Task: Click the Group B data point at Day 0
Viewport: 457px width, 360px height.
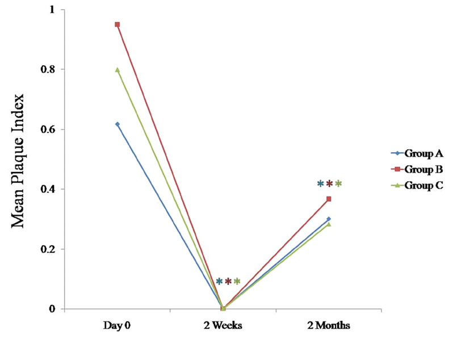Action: click(117, 24)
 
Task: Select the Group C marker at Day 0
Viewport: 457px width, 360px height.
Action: click(117, 69)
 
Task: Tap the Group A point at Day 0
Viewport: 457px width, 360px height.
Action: click(117, 124)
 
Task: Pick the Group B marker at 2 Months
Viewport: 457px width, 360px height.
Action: click(329, 199)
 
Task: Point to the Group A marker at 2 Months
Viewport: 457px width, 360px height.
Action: click(329, 219)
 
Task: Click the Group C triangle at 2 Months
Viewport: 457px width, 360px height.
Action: click(329, 224)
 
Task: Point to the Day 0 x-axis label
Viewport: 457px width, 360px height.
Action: click(116, 326)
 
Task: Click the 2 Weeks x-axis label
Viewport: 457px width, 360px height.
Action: click(223, 326)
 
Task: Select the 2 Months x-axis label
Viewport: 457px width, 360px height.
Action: click(329, 326)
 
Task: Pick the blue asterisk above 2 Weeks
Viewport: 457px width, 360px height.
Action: click(219, 281)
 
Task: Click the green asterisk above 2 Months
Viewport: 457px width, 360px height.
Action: click(338, 183)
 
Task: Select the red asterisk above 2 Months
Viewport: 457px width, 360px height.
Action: click(329, 183)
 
